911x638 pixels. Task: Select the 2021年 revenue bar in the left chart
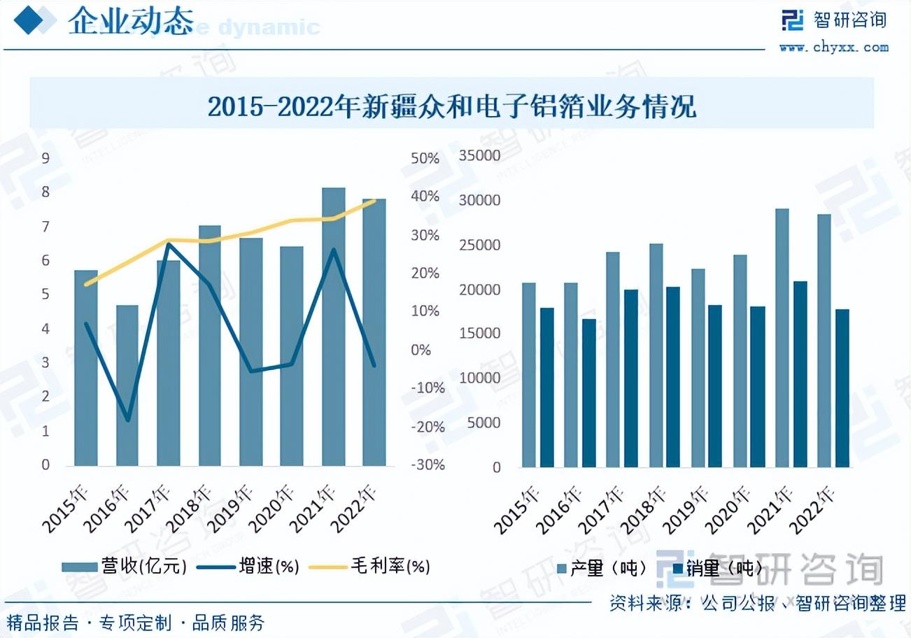[x=334, y=327]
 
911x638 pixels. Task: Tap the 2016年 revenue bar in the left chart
[x=127, y=385]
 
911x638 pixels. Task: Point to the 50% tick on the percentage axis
[x=425, y=159]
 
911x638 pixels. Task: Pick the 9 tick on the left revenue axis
[x=45, y=159]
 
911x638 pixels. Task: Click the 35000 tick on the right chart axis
[x=479, y=155]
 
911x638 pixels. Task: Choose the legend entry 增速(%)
[x=248, y=567]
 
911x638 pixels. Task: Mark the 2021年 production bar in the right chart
[x=782, y=338]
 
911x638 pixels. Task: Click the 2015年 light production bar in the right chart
[x=528, y=375]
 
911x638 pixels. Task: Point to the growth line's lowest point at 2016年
[x=127, y=420]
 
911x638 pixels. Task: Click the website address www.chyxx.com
[x=833, y=48]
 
